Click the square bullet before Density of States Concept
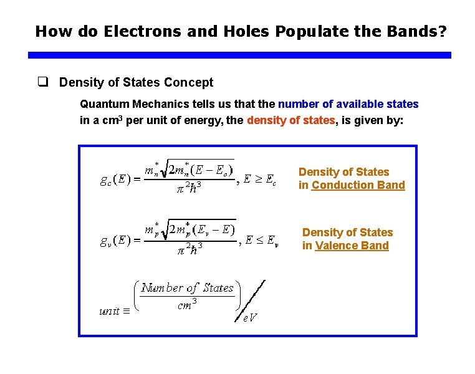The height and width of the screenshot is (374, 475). point(43,82)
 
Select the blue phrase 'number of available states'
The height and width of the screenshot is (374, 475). point(348,104)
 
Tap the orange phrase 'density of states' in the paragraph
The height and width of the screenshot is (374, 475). point(291,120)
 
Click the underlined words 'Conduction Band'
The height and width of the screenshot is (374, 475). point(358,185)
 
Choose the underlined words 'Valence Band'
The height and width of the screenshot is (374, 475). point(352,246)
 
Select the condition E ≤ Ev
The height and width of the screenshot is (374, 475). point(261,240)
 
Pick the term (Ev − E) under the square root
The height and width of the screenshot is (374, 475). point(214,229)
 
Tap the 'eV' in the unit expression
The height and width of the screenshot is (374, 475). point(250,318)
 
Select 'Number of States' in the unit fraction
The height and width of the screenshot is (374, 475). point(187,287)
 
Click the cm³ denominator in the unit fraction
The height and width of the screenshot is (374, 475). point(187,305)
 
